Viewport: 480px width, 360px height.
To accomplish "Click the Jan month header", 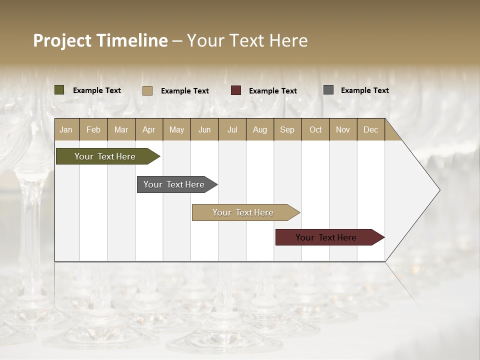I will (66, 129).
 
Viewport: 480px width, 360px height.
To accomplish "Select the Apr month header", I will (148, 129).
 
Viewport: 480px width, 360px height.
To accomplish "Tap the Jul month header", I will (232, 129).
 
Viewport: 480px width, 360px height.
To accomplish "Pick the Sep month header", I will (287, 129).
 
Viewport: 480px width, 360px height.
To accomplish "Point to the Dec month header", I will (370, 129).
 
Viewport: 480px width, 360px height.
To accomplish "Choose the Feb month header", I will (93, 129).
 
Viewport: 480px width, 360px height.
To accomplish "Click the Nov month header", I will (342, 129).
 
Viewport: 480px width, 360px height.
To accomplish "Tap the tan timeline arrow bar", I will (243, 212).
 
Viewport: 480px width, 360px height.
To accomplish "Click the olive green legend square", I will (59, 90).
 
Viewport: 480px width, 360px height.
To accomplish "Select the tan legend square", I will (147, 90).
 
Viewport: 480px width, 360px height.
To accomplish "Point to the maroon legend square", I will (236, 90).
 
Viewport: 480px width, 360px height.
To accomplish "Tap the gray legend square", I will (328, 90).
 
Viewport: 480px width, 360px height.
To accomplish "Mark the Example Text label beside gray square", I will (364, 90).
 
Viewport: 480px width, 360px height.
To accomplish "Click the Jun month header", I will (204, 129).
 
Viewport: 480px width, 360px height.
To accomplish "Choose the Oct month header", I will (315, 129).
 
